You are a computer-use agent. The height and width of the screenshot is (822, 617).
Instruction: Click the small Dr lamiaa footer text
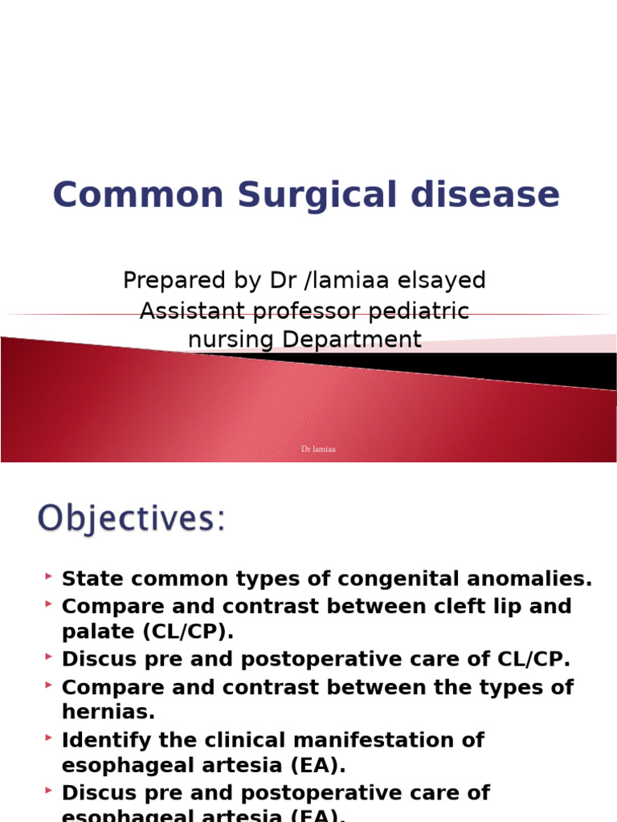click(x=318, y=450)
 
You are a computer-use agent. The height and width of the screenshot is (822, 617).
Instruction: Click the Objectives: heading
click(x=132, y=519)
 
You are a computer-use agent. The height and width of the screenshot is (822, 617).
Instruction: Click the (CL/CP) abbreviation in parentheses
click(x=188, y=632)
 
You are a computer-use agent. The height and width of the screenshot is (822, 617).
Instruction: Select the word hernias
click(x=108, y=713)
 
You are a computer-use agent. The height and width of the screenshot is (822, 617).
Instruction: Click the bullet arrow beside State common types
click(x=50, y=576)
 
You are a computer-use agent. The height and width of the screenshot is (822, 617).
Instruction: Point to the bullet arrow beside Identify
click(x=50, y=738)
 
